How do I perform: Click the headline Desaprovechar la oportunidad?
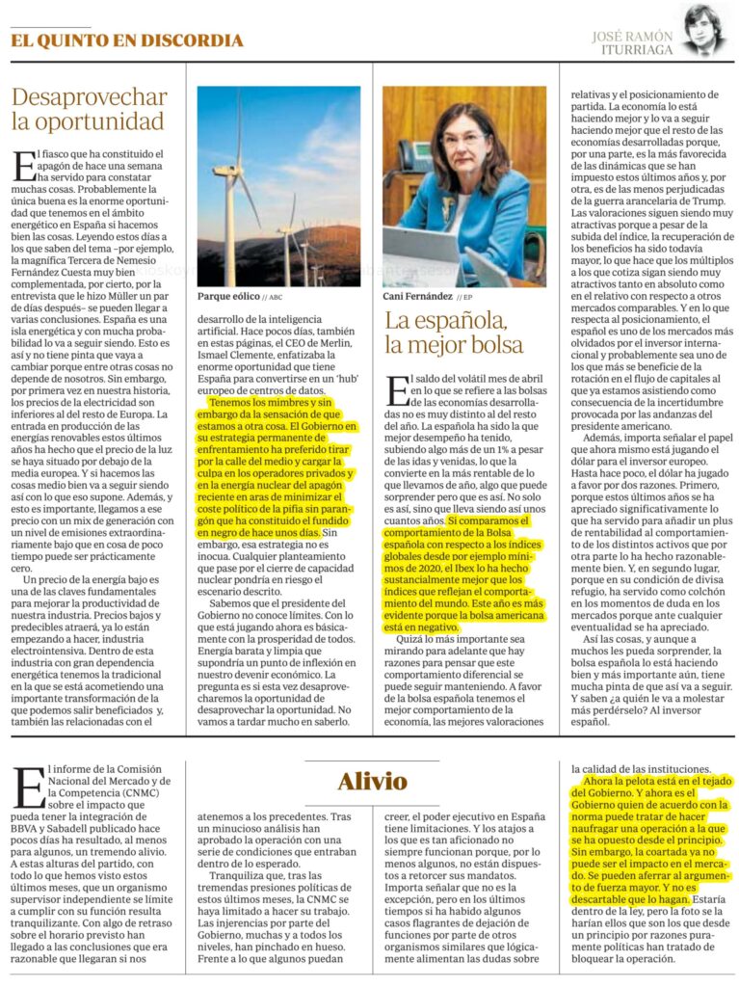click(89, 109)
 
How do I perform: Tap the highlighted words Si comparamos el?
click(487, 521)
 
